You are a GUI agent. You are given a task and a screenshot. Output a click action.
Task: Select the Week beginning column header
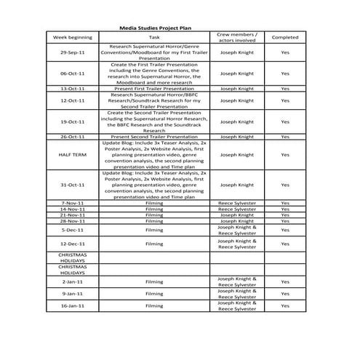[73, 36]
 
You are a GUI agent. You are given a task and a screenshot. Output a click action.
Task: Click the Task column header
[154, 36]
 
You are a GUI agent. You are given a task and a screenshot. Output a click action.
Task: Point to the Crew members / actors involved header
[236, 36]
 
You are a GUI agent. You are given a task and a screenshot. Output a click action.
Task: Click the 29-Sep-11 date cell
[73, 52]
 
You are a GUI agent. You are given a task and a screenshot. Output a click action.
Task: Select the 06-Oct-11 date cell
[73, 73]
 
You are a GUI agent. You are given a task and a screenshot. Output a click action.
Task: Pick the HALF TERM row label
[73, 154]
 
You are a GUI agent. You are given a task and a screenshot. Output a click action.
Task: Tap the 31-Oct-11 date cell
[73, 185]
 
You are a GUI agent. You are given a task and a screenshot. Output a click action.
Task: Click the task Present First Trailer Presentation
[154, 88]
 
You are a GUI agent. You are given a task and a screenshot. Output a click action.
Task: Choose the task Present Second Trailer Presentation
[154, 137]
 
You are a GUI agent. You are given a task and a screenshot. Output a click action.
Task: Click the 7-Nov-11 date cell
[73, 203]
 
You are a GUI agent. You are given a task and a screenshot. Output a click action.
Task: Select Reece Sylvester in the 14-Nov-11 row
[237, 209]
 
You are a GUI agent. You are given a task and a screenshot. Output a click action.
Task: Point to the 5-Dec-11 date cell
[73, 229]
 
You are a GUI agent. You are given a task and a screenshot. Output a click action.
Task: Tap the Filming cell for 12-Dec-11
[154, 244]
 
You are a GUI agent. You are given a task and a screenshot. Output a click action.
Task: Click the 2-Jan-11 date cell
[73, 281]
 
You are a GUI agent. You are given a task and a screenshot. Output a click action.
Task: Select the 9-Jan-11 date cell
[73, 293]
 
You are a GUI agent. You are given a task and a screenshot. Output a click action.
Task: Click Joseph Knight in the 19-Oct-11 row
[237, 121]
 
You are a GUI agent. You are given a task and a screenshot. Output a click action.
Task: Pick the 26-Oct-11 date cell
[73, 137]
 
